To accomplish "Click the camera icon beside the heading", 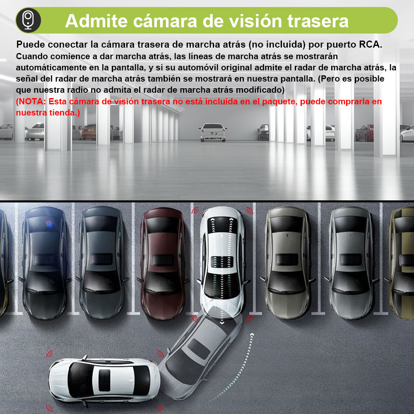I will pos(29,20).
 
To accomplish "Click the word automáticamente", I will pos(52,67).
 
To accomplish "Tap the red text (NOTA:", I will pos(31,101).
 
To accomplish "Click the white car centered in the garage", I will pos(212,132).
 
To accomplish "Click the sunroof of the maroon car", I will pos(162,260).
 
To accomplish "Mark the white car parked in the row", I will pos(222,261).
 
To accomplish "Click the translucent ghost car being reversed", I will pos(199,352).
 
